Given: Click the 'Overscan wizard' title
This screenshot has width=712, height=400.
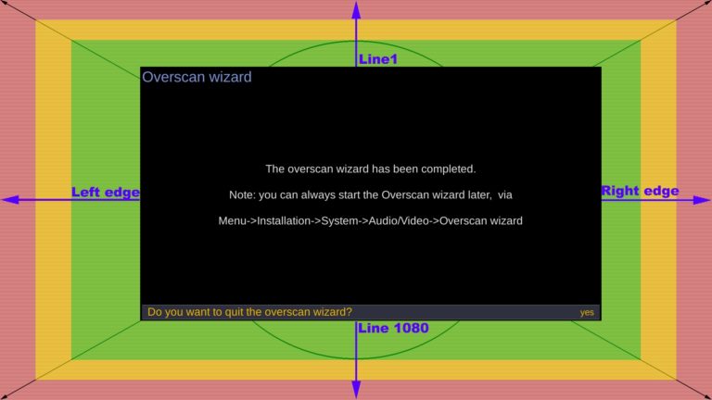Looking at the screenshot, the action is point(197,77).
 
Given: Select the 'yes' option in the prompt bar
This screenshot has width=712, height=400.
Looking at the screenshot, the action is point(587,312).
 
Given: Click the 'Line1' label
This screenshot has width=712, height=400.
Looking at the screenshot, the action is point(378,59).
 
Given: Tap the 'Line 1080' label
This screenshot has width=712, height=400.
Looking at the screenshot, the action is point(393,328).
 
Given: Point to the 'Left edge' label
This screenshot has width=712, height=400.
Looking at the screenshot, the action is point(106,193).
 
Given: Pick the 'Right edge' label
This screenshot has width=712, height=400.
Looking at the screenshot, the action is point(641,191).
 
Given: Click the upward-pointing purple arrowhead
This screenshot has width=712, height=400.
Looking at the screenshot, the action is point(356,10).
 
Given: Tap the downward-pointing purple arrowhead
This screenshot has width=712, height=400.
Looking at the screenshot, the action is point(356,390).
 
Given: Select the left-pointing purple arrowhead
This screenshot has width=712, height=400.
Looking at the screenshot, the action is point(10,200).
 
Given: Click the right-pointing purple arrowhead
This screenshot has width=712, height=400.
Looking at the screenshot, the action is point(702,200).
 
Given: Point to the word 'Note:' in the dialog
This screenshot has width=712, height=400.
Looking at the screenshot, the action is point(243,195).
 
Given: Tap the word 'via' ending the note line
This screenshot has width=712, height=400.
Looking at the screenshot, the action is point(505,195).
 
